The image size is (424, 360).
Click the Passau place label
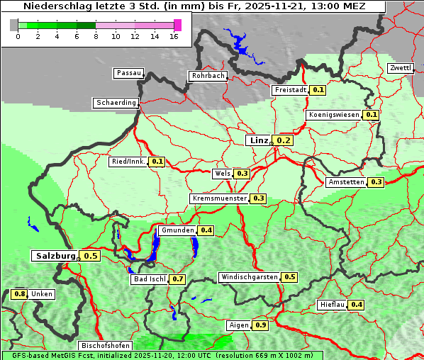pos(128,73)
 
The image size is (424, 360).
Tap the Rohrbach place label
pos(207,76)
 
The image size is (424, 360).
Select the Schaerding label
pos(116,103)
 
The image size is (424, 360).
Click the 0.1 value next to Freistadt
pos(318,90)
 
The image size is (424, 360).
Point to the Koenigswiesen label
pos(334,115)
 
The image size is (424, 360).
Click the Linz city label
pos(258,140)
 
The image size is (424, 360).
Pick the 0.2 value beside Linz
pos(284,140)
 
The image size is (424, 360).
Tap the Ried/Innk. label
pos(128,162)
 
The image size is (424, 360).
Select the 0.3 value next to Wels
pos(242,173)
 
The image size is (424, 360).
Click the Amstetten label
pos(346,182)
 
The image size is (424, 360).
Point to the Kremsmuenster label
pos(219,198)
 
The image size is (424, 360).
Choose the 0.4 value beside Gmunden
pos(206,230)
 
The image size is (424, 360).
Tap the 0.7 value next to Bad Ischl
pos(177,279)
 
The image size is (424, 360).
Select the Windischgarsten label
pos(249,277)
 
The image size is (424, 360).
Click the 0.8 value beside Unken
pos(20,294)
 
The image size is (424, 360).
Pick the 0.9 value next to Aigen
pos(260,325)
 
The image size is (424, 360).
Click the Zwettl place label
pos(400,68)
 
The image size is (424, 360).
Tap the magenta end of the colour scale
pos(177,25)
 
